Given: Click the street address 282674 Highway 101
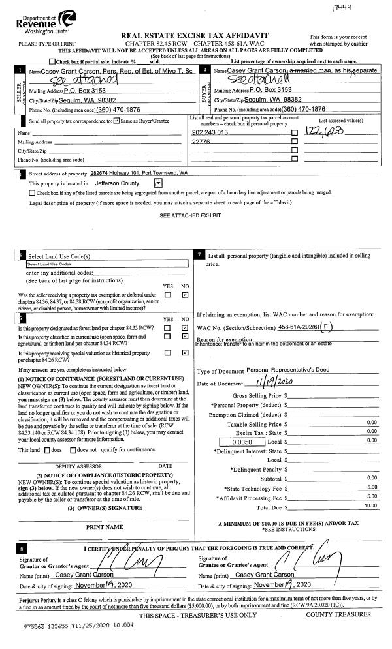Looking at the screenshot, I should coord(139,173).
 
